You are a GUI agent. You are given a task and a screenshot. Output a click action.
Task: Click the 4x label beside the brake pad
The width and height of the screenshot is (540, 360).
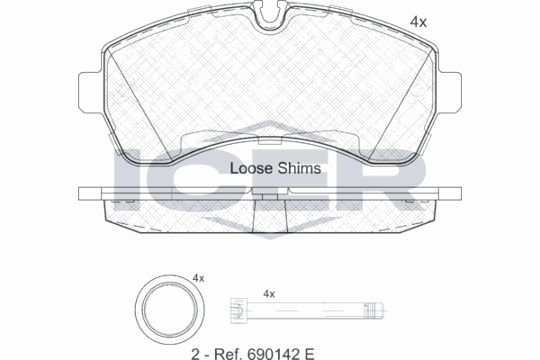tap(418, 22)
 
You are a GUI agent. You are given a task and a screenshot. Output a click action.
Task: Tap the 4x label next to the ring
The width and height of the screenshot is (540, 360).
tap(198, 278)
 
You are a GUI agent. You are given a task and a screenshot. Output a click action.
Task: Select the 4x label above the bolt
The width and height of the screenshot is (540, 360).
tap(269, 294)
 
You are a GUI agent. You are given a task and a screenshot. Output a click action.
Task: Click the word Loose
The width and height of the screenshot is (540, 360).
tap(252, 168)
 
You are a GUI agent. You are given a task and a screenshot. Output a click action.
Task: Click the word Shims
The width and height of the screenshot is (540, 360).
tap(300, 168)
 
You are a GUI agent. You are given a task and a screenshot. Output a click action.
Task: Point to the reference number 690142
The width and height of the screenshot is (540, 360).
tap(269, 354)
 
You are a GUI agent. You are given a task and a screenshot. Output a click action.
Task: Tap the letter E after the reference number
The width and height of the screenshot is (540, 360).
tap(309, 354)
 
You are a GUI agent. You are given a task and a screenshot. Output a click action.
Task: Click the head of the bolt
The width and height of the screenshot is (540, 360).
tap(239, 310)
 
